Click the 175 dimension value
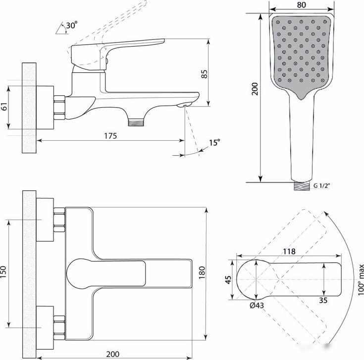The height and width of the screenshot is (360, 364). tap(110, 136)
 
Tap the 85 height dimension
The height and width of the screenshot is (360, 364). tap(204, 74)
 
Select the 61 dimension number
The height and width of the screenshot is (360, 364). tap(4, 106)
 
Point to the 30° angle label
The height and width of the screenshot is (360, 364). tap(72, 25)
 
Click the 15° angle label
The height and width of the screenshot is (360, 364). tap(214, 142)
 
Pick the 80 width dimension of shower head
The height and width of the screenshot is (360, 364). tap(301, 5)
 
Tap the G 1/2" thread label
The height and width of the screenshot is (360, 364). tap(322, 185)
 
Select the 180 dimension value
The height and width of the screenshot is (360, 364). tap(202, 273)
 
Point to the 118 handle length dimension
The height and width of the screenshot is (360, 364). tap(289, 251)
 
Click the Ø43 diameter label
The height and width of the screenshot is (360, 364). tap(257, 305)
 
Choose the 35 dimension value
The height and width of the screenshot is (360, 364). tap(323, 300)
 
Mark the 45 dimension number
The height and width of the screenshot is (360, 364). tap(228, 280)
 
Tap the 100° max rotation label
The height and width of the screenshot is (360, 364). tap(361, 280)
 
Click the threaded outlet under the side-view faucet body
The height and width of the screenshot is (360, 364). tap(136, 123)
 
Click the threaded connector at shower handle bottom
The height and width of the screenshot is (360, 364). tap(302, 186)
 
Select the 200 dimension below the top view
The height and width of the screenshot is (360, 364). tap(113, 354)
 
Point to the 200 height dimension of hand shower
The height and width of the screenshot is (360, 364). tap(255, 89)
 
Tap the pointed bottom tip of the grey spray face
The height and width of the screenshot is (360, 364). tap(301, 99)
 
